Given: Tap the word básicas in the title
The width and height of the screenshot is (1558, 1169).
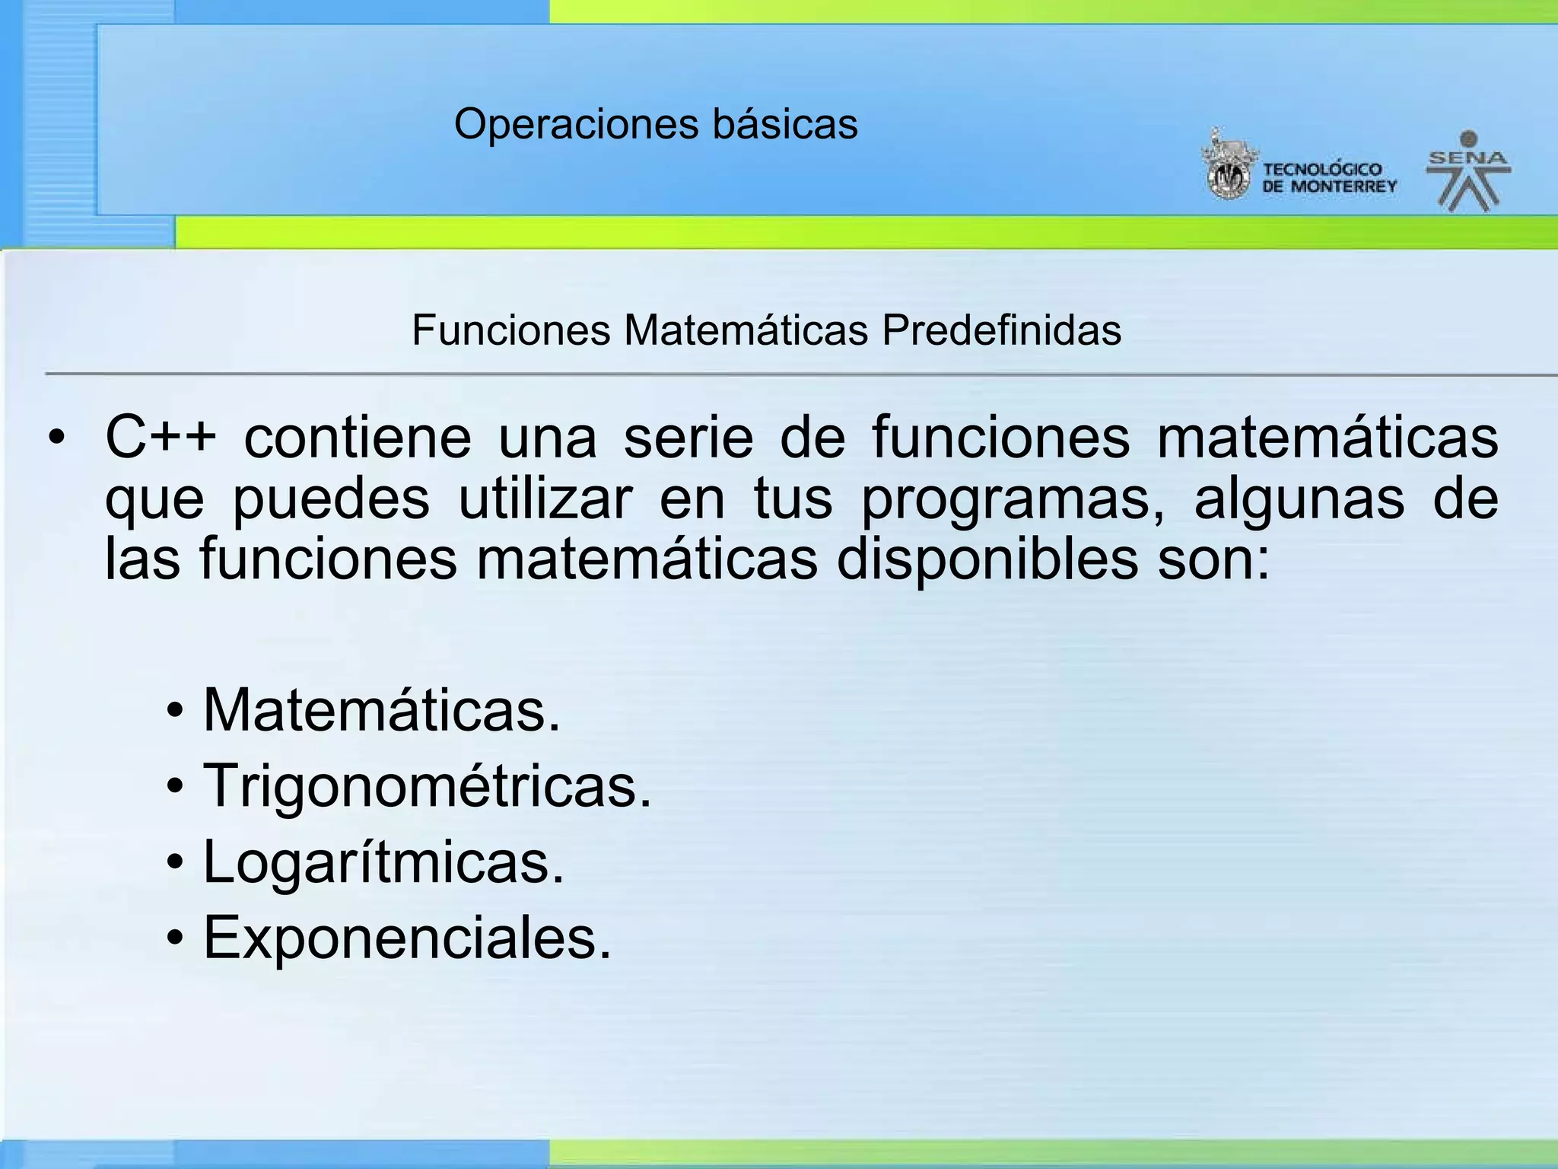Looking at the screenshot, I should point(785,124).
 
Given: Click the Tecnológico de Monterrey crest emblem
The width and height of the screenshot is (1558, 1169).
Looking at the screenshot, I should point(1227,166).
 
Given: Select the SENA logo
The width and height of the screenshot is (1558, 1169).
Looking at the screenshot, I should point(1468,171).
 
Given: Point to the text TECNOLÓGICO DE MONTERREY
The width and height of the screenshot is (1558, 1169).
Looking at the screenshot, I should point(1329,178).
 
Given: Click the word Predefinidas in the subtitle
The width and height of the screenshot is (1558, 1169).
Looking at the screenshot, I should point(1001,330).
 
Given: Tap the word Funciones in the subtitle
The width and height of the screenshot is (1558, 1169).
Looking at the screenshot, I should point(511,330).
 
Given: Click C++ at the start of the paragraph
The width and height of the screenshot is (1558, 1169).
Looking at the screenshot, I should point(161,438).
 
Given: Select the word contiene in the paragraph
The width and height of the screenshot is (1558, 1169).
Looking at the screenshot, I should point(358,438).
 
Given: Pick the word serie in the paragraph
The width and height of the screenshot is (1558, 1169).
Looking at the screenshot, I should point(688,438).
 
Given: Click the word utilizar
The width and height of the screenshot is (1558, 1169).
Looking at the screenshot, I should point(545,499).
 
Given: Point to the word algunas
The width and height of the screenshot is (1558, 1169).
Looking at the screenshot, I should point(1299,499).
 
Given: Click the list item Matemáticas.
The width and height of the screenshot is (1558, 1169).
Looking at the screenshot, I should point(381,710).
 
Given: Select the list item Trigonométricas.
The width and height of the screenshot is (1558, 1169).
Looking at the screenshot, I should point(427,787).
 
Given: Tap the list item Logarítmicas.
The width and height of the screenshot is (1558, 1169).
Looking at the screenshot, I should point(383,863).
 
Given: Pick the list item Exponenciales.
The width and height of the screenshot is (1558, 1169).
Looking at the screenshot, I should point(407,938).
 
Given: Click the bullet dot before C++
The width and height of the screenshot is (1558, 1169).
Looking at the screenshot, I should point(56,439).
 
